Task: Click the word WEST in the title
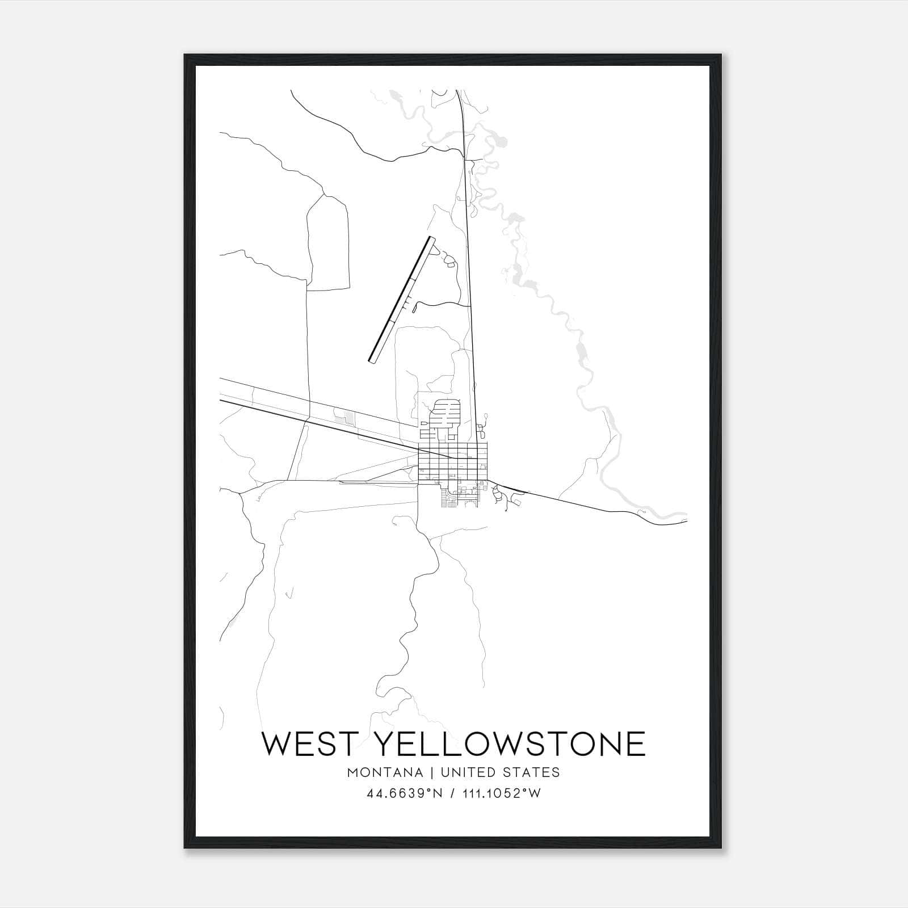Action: tap(309, 743)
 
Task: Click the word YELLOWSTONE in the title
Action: tap(511, 743)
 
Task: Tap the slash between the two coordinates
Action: tap(452, 793)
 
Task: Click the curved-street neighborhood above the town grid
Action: tap(445, 417)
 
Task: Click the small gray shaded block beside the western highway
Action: tap(344, 419)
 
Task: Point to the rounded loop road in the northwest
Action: tap(328, 244)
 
